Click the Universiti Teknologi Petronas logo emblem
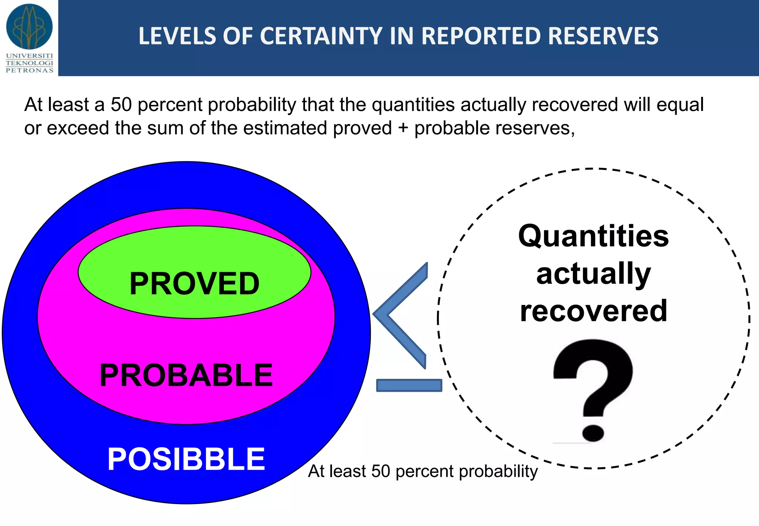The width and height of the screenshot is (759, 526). [29, 27]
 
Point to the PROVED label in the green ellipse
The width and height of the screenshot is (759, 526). [194, 284]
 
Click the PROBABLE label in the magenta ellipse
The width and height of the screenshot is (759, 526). [186, 375]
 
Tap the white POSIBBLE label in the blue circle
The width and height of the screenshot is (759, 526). [186, 459]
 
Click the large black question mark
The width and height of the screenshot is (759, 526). [593, 386]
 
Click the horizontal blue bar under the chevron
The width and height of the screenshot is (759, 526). [409, 385]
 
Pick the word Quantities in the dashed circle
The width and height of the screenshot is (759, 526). [593, 236]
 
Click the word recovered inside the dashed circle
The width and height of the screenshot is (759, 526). [593, 311]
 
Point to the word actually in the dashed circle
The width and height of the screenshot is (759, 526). [593, 274]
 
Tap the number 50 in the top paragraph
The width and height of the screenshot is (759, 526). [121, 105]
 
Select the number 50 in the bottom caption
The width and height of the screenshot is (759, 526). [381, 471]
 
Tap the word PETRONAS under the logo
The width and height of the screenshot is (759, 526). [30, 70]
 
